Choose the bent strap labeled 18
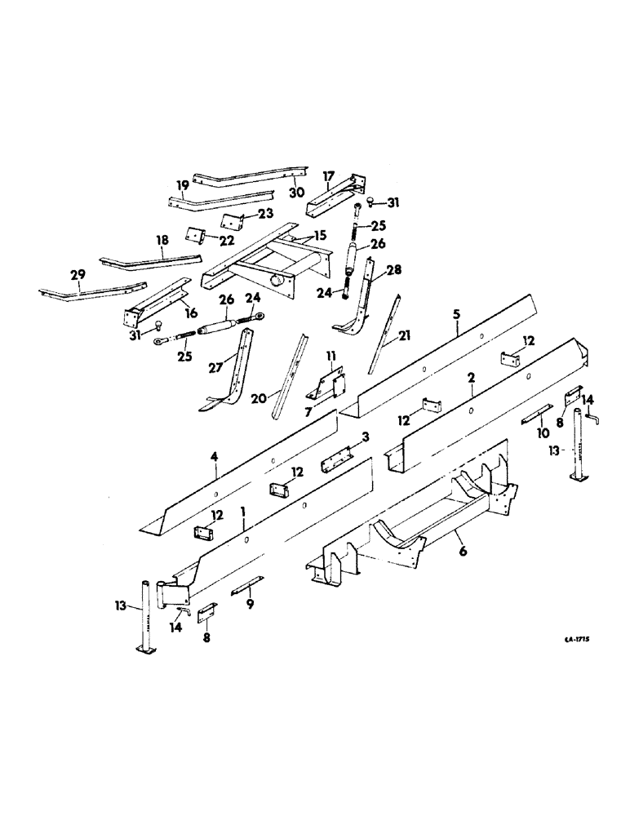point(151,259)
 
